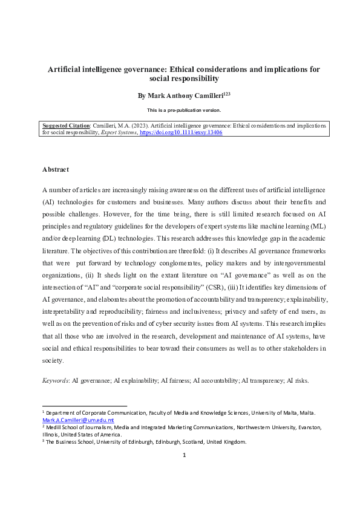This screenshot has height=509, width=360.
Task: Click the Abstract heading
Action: (x=56, y=169)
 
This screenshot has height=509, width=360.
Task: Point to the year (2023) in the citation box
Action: (x=130, y=125)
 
